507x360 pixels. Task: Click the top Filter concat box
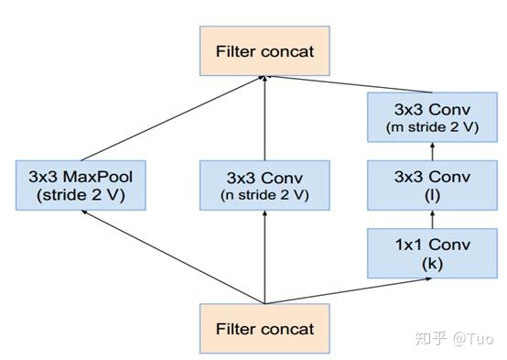[x=264, y=51]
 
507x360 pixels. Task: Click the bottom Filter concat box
[x=264, y=328]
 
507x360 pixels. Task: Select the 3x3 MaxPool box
[x=81, y=184]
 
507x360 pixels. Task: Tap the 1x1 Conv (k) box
[x=431, y=253]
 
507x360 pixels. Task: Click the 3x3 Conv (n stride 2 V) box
[x=264, y=184]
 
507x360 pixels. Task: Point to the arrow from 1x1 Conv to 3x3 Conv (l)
[x=431, y=219]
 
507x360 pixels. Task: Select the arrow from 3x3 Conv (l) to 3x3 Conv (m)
[x=431, y=150]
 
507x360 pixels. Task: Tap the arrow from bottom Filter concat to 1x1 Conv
[x=348, y=289]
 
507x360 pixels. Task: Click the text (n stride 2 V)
[x=264, y=194]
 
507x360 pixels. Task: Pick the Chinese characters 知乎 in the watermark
[x=431, y=338]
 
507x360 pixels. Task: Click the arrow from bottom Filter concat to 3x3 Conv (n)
[x=264, y=256]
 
